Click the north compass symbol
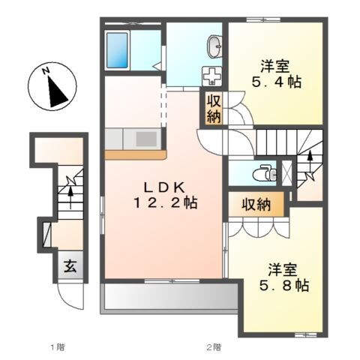point(50,88)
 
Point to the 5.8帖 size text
point(281,285)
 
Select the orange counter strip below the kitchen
point(134,155)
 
